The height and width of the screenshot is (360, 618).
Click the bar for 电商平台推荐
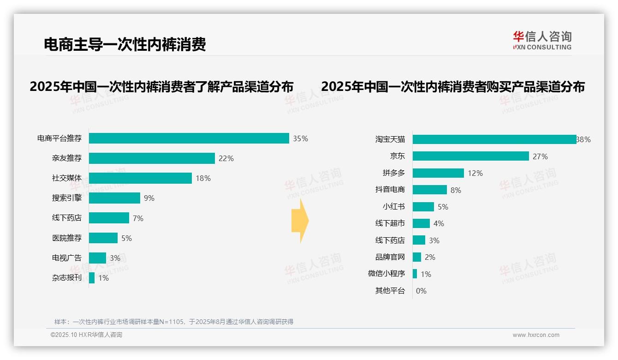[189, 138]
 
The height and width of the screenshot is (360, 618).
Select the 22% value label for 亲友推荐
[226, 158]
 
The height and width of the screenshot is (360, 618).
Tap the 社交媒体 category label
[66, 178]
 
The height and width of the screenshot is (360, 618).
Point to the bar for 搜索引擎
[114, 198]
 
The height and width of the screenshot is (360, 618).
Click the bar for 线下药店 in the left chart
[109, 218]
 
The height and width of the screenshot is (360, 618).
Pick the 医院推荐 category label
[66, 238]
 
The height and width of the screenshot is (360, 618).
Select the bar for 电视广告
[97, 258]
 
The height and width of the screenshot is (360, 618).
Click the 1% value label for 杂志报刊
[103, 278]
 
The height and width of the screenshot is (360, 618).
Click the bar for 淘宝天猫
[494, 139]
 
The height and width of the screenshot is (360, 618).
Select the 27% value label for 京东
[540, 156]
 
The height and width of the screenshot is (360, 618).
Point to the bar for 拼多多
[438, 173]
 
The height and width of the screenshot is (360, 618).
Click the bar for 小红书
[423, 207]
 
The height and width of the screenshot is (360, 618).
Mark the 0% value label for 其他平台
[421, 291]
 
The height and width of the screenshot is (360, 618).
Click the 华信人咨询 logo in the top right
[542, 40]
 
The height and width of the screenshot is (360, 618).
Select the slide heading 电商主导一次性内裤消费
[125, 44]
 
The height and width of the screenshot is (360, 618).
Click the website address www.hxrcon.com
[536, 335]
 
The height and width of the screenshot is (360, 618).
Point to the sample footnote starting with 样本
[174, 322]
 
